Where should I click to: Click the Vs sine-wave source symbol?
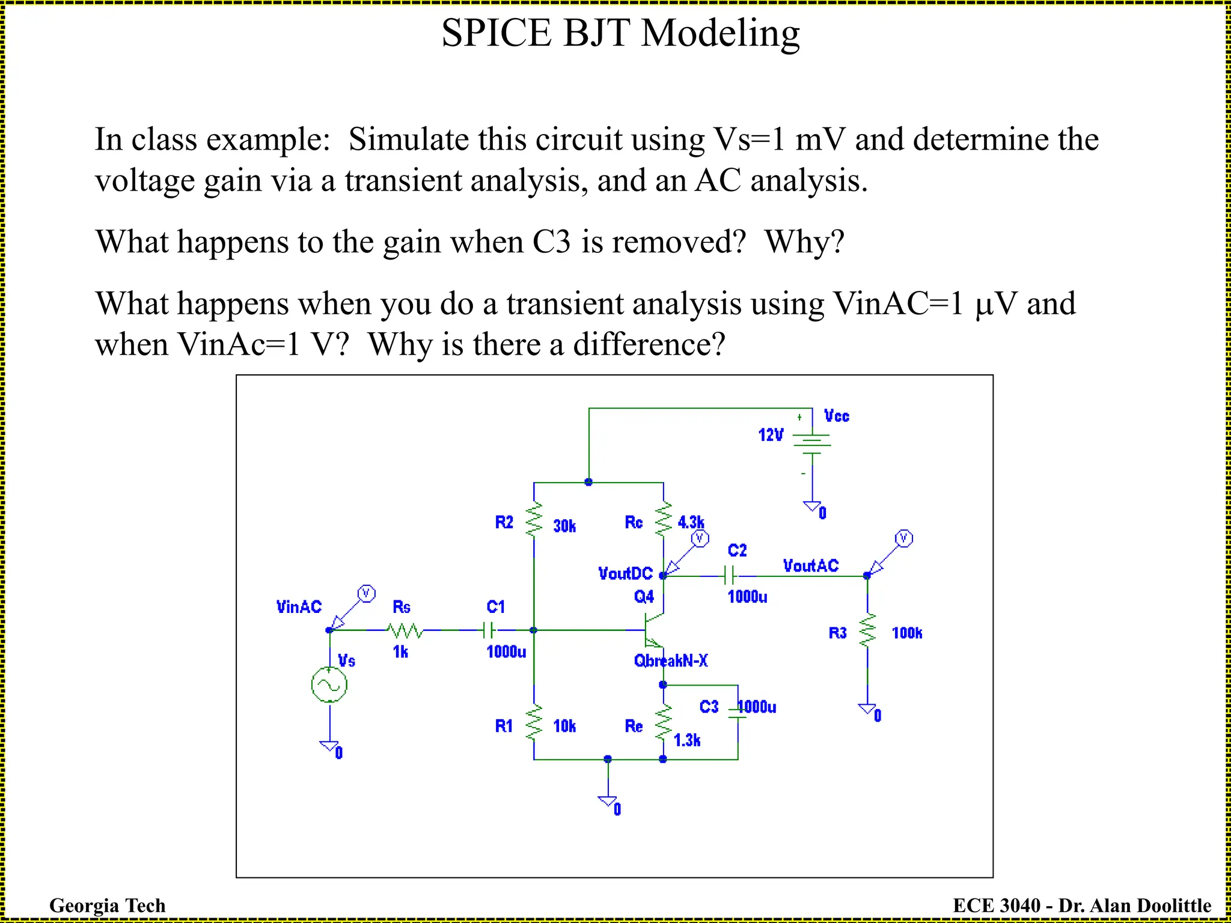(x=329, y=684)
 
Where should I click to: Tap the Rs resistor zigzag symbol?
(x=405, y=630)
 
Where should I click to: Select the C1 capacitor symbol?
(x=490, y=630)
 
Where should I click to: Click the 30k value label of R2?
(x=564, y=526)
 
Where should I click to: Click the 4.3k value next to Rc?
(x=691, y=522)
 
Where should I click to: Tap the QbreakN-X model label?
(x=671, y=661)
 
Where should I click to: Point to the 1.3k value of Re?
(x=687, y=740)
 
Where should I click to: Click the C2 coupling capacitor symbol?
(x=730, y=576)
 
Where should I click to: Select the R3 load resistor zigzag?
(x=867, y=631)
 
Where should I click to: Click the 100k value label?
(x=907, y=633)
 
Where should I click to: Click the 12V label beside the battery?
(x=771, y=435)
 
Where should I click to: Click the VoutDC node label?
(x=625, y=574)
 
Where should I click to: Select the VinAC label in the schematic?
(x=299, y=607)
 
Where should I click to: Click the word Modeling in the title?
(x=720, y=33)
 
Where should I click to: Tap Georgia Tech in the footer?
(x=107, y=905)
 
